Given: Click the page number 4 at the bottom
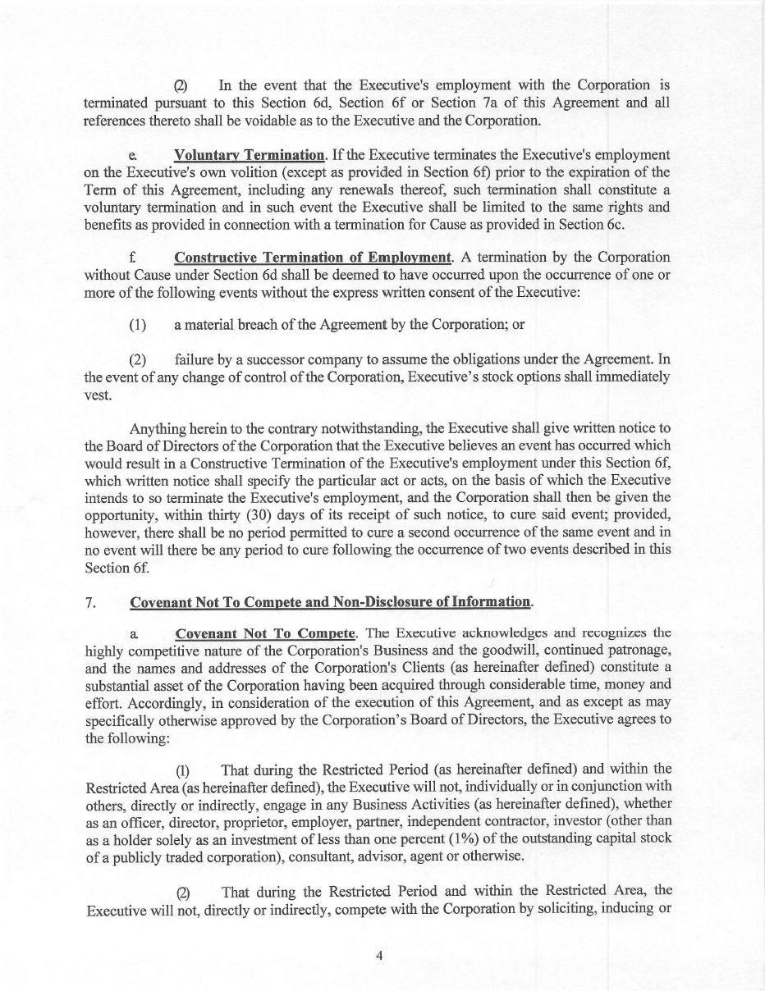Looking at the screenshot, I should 380,955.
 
